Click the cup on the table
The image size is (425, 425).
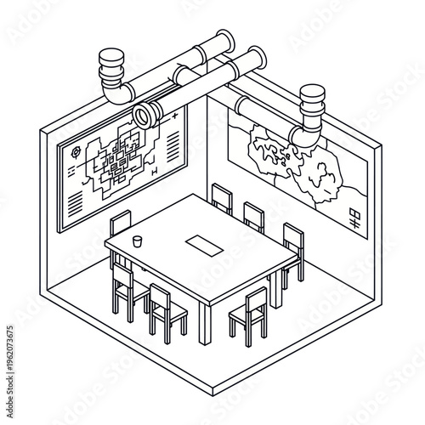[137, 241]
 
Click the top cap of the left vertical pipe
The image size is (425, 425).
[111, 59]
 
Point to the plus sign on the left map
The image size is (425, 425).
[174, 115]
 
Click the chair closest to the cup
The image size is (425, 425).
[122, 225]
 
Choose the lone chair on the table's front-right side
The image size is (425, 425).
[248, 314]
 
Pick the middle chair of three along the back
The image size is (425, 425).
[252, 216]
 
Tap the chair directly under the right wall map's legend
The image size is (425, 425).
[292, 251]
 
